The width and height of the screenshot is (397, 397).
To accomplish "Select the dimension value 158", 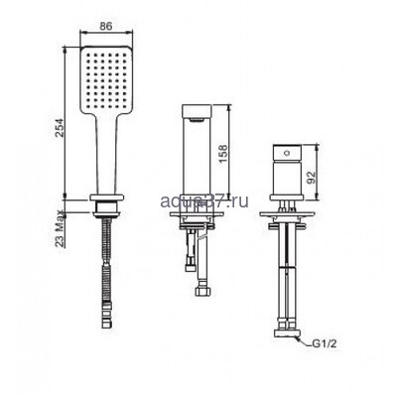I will click(237, 150).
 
